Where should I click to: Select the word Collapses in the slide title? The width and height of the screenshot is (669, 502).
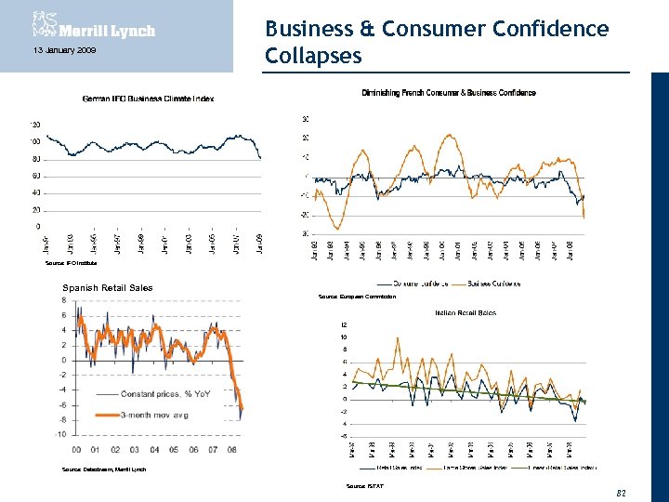click(x=312, y=56)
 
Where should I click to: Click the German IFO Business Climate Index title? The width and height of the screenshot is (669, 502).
click(x=148, y=99)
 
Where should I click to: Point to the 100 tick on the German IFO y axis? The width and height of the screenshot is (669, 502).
click(x=35, y=141)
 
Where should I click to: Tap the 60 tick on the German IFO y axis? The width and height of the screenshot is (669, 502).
click(x=36, y=176)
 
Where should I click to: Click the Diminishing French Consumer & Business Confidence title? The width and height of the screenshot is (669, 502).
click(x=448, y=93)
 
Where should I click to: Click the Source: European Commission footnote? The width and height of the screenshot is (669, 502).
click(x=357, y=297)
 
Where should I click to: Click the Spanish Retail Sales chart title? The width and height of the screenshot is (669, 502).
click(x=107, y=287)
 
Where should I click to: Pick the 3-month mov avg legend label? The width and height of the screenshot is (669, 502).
click(x=154, y=415)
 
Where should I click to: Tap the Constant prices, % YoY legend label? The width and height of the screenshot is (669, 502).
click(x=165, y=394)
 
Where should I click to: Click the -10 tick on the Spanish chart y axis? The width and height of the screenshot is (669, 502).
click(x=59, y=434)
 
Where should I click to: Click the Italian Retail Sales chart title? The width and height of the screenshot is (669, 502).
click(x=465, y=313)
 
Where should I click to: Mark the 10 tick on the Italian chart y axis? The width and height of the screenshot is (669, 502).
click(x=343, y=337)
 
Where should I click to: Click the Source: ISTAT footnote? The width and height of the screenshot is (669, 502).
click(x=363, y=486)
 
